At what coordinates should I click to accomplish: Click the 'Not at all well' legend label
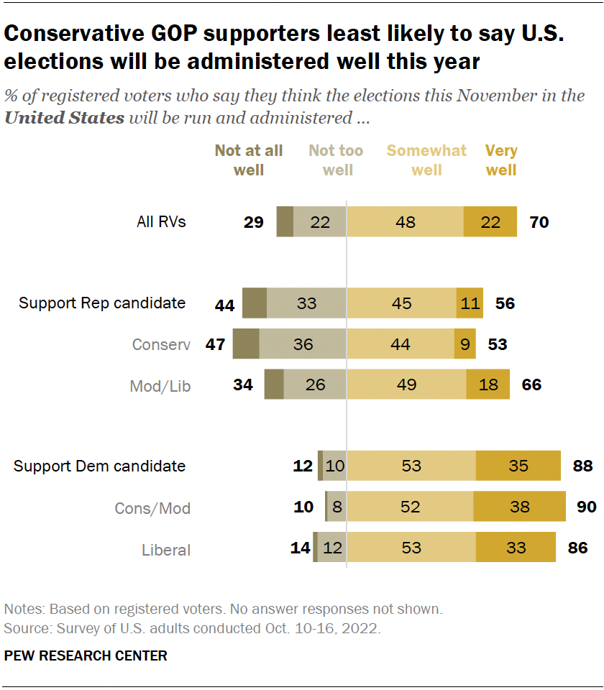coord(249,160)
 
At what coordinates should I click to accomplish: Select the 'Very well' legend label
coord(501,160)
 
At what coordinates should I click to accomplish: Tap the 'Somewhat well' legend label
coord(426,160)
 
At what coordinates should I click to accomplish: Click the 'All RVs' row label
coord(161,222)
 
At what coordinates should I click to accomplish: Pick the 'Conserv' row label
coord(161,345)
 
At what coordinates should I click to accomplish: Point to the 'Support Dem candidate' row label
coord(99,466)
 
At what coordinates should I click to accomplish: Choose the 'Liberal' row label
coord(166,551)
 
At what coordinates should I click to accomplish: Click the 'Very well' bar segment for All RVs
coord(490,222)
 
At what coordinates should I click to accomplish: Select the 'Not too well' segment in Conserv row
coord(303,344)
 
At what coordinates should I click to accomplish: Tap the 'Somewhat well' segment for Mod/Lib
coord(406,385)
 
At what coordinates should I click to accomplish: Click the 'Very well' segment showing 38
coord(519,507)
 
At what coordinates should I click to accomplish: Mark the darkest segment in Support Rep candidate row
coord(255,303)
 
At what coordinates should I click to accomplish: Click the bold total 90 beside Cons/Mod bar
coord(587,507)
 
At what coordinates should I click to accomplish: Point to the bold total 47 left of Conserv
coord(216,344)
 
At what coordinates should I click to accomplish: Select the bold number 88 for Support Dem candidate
coord(582,466)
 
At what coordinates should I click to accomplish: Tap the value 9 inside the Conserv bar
coord(465,345)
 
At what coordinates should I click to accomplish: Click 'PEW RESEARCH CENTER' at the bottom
coord(86,655)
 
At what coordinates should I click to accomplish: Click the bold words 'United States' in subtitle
coord(64,118)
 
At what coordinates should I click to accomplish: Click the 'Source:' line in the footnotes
coord(192,627)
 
